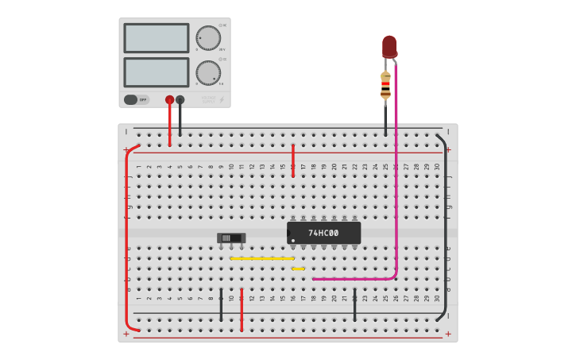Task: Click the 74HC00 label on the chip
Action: tap(323, 233)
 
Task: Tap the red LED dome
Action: tap(389, 45)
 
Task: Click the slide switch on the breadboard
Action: tap(231, 238)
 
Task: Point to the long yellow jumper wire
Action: tap(262, 258)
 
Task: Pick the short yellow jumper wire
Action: tap(298, 269)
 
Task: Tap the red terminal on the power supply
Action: tap(169, 99)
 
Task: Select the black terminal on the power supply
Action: tap(180, 99)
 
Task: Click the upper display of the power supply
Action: tap(157, 38)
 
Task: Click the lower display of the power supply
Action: tap(157, 72)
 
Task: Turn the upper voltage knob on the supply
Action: tap(208, 37)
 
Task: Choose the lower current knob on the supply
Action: tap(208, 72)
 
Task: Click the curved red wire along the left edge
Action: tap(126, 238)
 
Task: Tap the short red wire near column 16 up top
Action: tap(293, 160)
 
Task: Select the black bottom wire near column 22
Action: tap(354, 305)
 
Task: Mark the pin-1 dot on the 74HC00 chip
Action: tap(293, 240)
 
